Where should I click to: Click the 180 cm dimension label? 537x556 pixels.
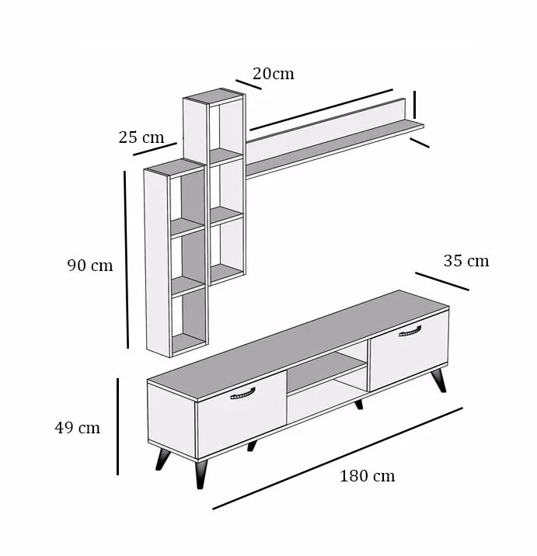[368, 476]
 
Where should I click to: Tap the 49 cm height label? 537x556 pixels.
[78, 428]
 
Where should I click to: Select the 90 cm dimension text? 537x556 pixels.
[90, 266]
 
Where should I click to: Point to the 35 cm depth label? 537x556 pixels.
[466, 261]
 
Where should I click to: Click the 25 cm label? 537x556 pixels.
[141, 137]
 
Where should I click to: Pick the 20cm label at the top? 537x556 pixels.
[274, 74]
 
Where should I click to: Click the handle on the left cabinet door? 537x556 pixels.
[242, 394]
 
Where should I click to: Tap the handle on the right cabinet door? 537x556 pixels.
[410, 331]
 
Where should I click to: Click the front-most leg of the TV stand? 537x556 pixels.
[201, 474]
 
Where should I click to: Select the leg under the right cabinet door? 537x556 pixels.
[439, 380]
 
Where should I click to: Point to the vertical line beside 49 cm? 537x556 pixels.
[118, 426]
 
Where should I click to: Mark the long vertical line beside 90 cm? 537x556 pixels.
[127, 259]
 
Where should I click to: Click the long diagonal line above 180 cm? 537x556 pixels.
[337, 458]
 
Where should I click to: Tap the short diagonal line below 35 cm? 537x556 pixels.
[442, 282]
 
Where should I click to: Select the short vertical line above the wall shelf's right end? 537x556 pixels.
[414, 105]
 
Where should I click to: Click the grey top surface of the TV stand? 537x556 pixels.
[298, 346]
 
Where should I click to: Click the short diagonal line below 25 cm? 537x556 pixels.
[155, 149]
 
